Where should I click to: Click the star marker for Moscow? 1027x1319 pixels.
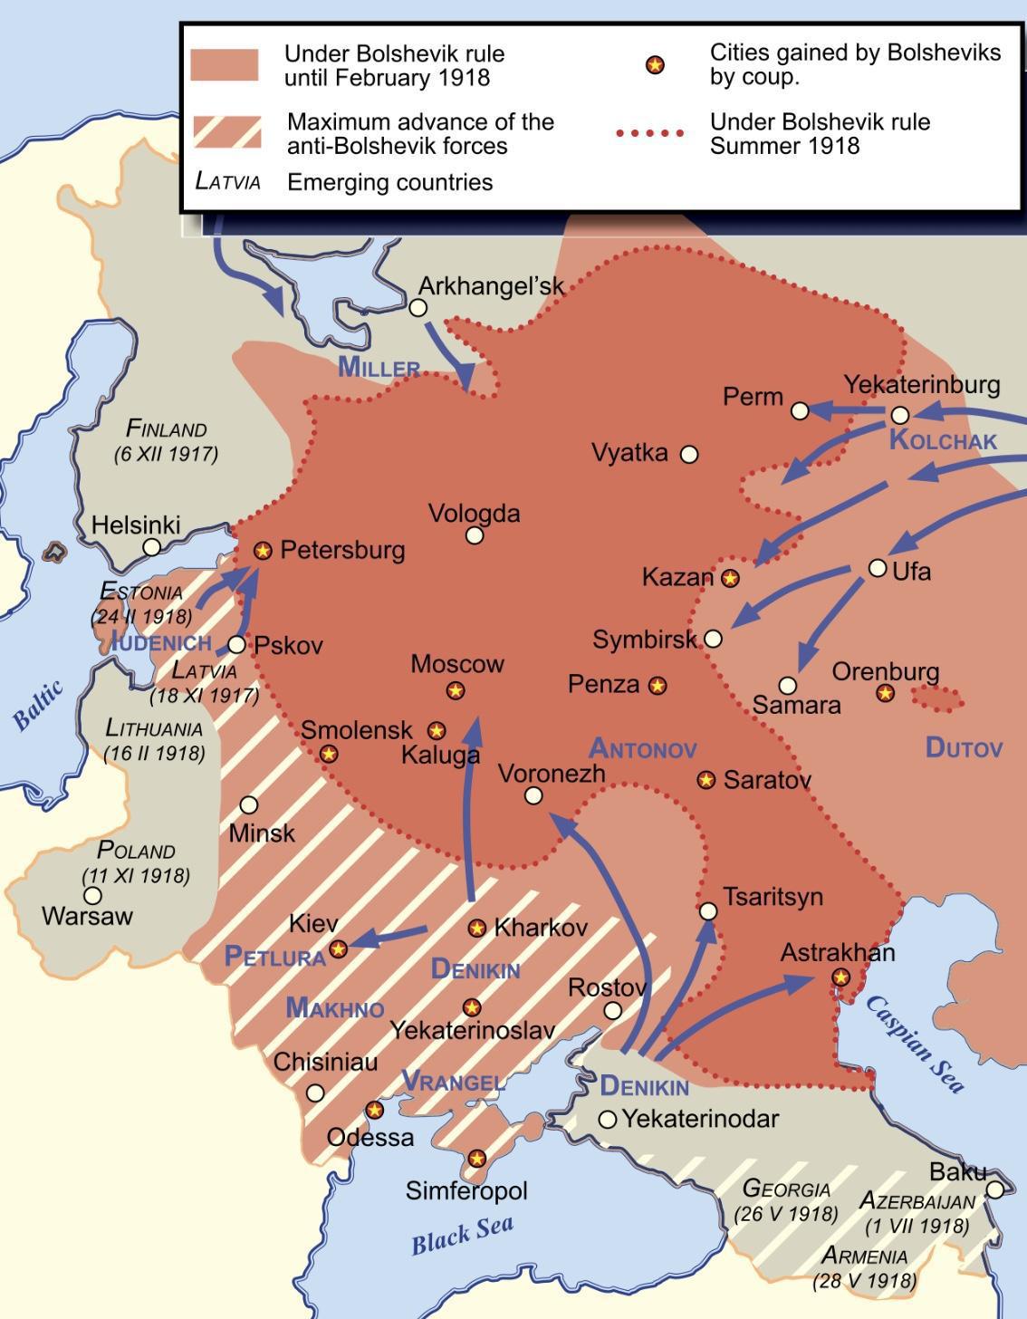[x=456, y=691]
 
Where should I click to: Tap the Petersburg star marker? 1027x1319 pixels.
[x=263, y=550]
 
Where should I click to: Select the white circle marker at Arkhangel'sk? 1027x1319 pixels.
[x=418, y=308]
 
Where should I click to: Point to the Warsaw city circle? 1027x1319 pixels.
[x=92, y=895]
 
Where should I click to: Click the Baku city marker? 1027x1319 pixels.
[x=994, y=1189]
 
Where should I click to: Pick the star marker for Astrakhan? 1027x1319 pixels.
[x=840, y=977]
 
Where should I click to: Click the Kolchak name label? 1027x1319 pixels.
[x=943, y=441]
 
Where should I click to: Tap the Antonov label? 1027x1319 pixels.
[x=642, y=749]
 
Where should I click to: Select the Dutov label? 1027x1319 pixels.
[x=964, y=747]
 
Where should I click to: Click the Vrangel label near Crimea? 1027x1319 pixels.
[x=453, y=1081]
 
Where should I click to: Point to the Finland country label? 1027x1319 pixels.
[x=166, y=428]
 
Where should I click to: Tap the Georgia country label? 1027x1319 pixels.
[x=786, y=1189]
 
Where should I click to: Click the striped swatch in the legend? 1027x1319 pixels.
[x=226, y=132]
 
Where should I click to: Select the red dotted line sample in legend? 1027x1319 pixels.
[x=649, y=133]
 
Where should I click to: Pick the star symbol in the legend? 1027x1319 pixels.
[x=654, y=65]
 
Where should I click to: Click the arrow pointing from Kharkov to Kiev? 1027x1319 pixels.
[x=389, y=936]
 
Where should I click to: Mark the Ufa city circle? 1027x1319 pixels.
[x=877, y=568]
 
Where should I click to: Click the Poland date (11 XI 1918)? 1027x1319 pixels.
[x=136, y=876]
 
